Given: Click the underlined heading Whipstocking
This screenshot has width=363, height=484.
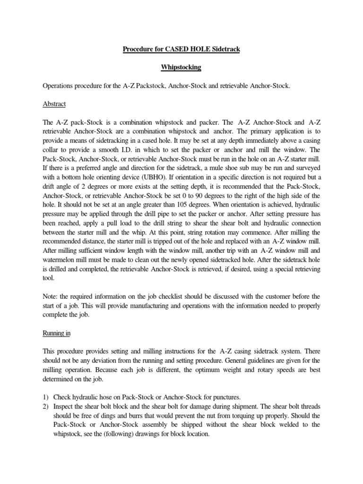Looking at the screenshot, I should [181, 68].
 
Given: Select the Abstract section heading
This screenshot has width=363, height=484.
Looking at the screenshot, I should [54, 104].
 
